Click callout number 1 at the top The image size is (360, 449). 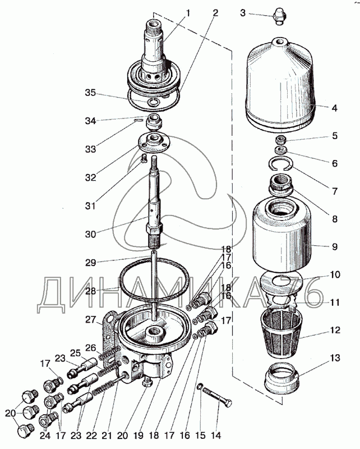tap(188, 13)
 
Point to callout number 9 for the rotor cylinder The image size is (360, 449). tap(334, 245)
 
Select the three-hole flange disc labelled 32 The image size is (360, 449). tap(152, 140)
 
